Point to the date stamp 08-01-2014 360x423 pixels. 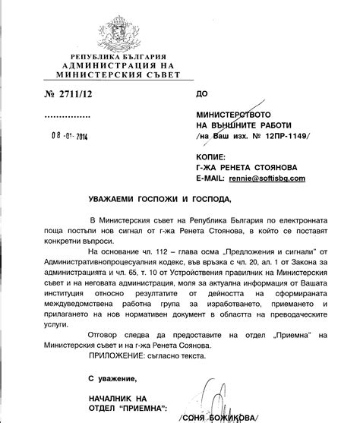tap(67, 138)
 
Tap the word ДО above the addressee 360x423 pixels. tap(201, 94)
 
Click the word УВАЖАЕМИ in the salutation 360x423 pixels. tap(106, 198)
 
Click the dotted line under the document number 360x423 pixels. tap(67, 115)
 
